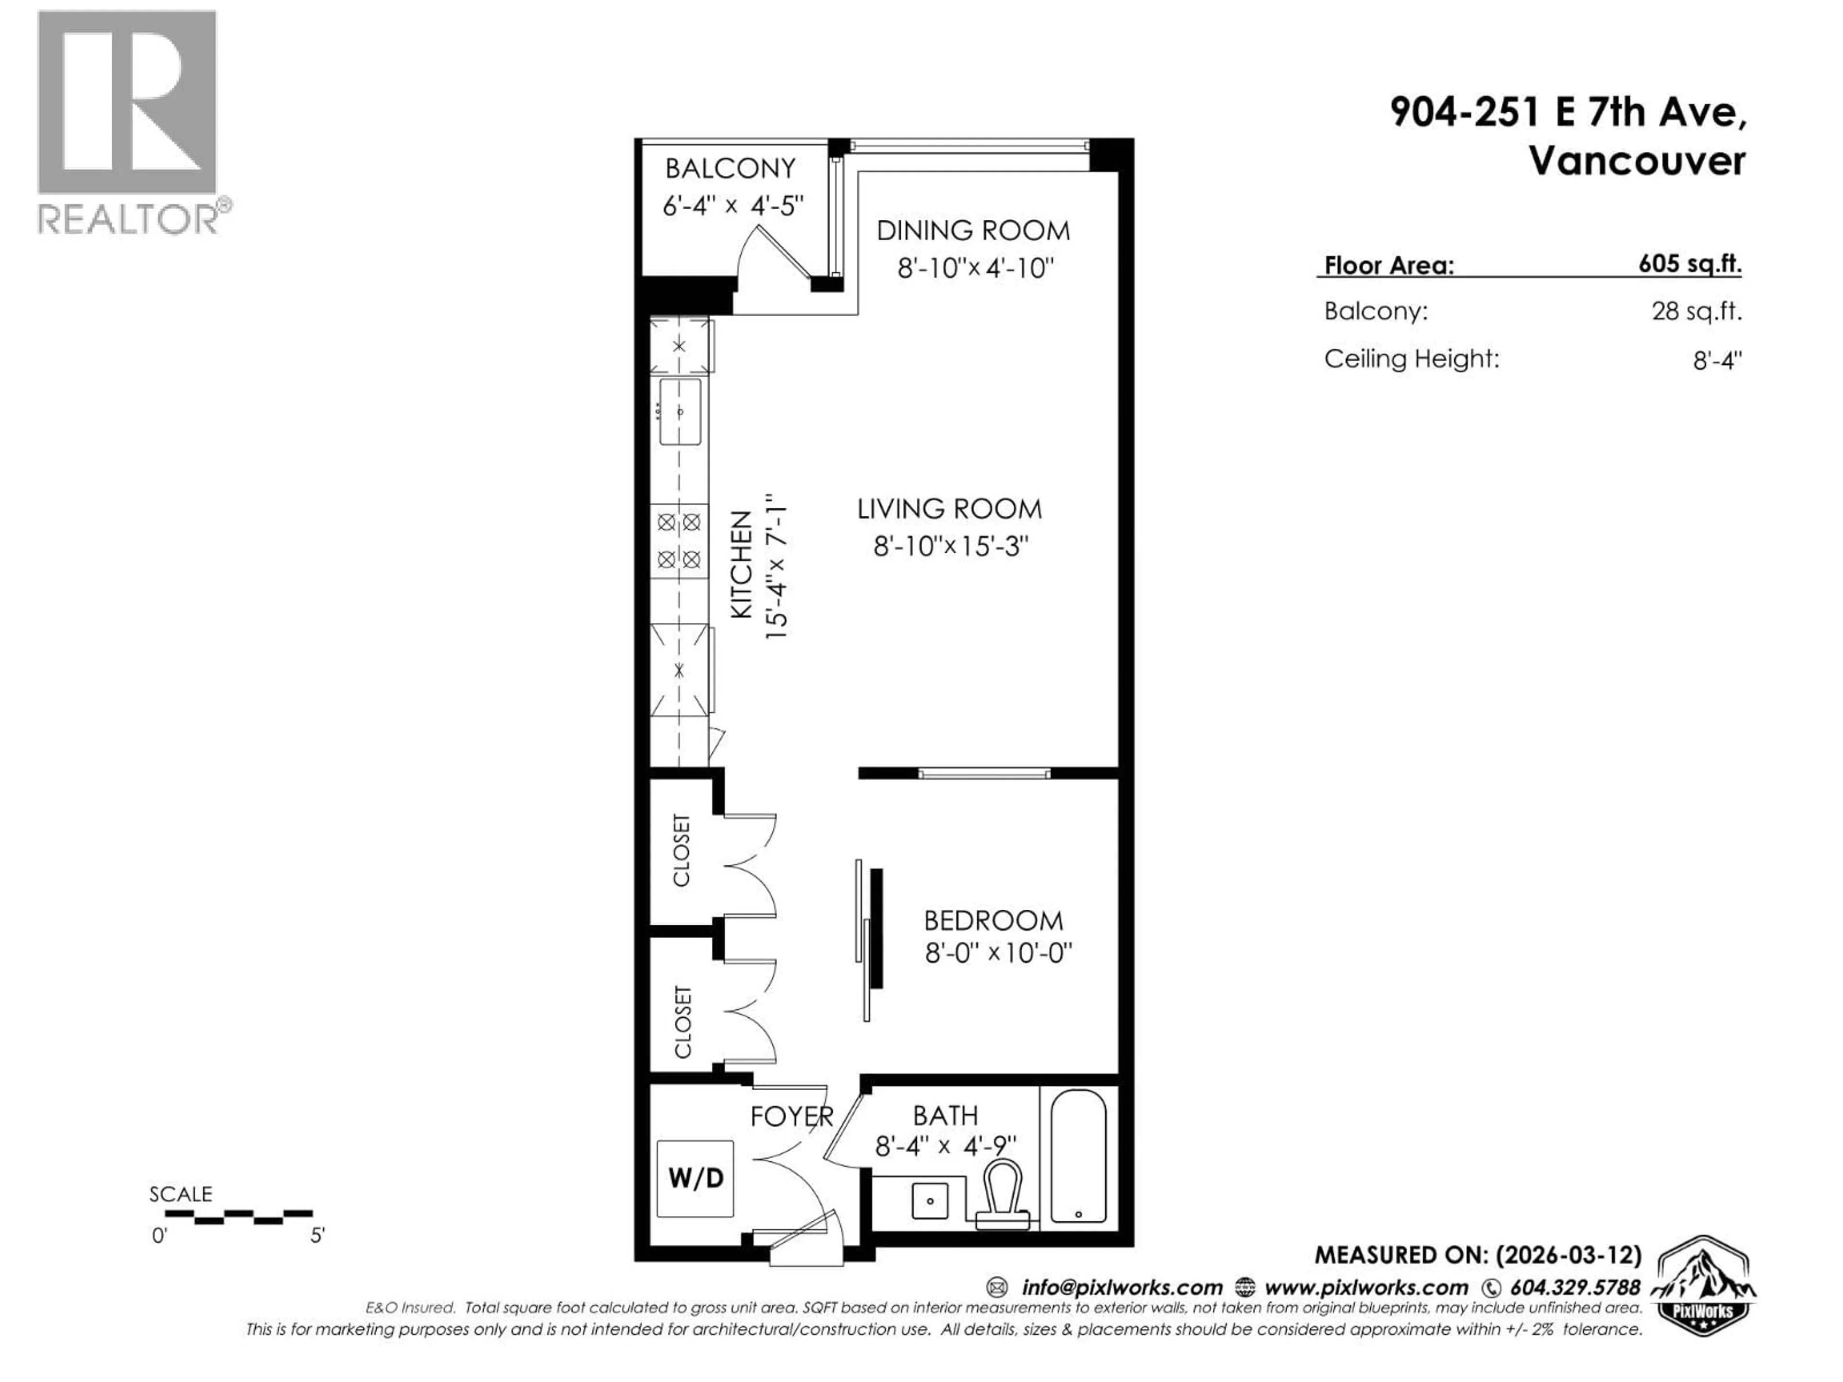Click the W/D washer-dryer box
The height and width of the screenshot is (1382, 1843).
[695, 1179]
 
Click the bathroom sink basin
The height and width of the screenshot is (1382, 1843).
[929, 1201]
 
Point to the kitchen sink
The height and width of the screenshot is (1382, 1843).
[680, 412]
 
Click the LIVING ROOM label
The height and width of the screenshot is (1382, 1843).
[949, 509]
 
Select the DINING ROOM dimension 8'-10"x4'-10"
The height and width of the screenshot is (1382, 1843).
[975, 268]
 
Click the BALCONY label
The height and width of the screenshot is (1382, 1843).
[730, 169]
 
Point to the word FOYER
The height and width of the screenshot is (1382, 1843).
[791, 1116]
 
